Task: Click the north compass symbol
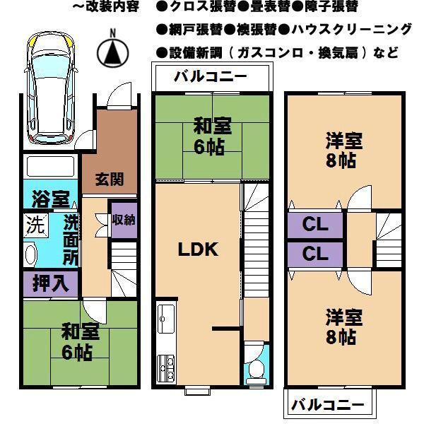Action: [x=111, y=49]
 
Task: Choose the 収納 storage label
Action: [x=123, y=220]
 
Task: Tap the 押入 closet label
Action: [x=50, y=283]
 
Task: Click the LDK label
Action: [x=197, y=249]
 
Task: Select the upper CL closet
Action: [x=315, y=226]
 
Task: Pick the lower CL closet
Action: [x=315, y=254]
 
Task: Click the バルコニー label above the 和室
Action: [x=211, y=77]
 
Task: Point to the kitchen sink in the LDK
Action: [x=167, y=322]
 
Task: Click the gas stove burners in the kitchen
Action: [x=168, y=367]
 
